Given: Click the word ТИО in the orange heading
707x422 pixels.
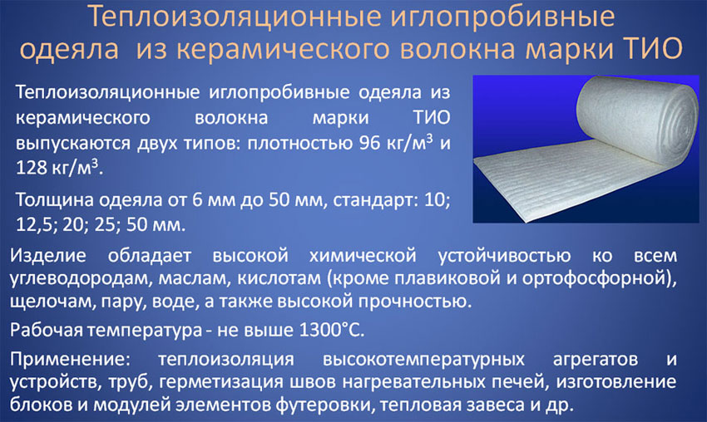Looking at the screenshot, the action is tap(652, 48).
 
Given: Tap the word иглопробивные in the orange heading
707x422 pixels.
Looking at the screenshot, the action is tap(501, 17).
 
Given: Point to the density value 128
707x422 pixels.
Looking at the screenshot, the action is tap(31, 168).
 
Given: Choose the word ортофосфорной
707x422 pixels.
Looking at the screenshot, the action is tap(594, 278).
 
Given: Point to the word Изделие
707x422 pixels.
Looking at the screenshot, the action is tap(47, 255).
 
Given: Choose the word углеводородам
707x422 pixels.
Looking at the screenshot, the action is tap(81, 278).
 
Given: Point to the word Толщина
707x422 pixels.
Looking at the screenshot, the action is tap(55, 199).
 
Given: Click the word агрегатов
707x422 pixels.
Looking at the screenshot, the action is tap(596, 360).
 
